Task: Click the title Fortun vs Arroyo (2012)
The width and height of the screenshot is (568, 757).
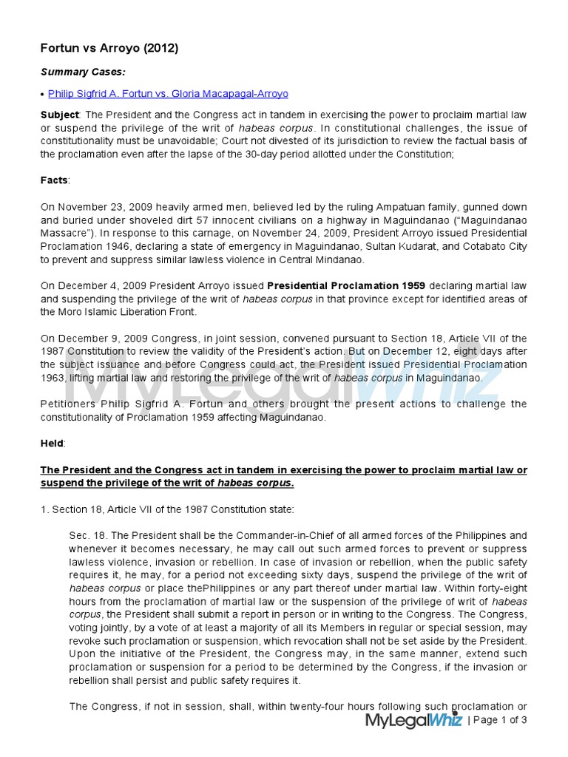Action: [109, 49]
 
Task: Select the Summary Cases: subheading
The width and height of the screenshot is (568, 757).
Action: [83, 72]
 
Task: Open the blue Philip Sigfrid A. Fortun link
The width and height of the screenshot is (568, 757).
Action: [168, 94]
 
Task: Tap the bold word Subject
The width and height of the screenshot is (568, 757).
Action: [59, 115]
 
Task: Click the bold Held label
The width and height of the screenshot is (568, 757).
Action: [53, 443]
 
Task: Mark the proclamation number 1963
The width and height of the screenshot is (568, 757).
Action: [55, 378]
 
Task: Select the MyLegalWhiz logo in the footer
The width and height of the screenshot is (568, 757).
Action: [413, 720]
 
